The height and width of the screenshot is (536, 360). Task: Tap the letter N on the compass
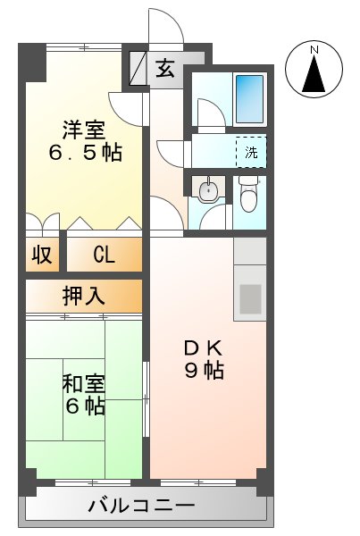[x=314, y=52]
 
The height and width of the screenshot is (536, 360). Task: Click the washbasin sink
[x=208, y=190]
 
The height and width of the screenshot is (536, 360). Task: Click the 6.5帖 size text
[x=84, y=152]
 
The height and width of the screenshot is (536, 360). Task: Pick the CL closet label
[x=104, y=255]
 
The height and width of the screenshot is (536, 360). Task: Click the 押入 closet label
[x=83, y=296]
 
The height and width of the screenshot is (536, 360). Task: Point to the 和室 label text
[x=83, y=384]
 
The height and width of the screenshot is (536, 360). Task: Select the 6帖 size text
[x=83, y=406]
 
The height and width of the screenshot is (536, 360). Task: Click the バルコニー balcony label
[x=141, y=507]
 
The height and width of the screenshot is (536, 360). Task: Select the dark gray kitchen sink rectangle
[x=251, y=296]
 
